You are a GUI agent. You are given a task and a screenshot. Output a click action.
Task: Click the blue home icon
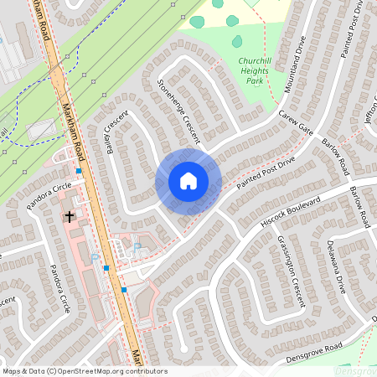188,181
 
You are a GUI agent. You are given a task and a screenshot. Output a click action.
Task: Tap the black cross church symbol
70,216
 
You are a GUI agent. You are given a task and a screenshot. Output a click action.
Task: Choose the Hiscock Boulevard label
291,212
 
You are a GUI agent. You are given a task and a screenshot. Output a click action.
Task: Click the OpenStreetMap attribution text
84,371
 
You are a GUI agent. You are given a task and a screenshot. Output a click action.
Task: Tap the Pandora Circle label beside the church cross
50,199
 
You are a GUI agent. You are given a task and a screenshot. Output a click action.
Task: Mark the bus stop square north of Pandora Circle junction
79,171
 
